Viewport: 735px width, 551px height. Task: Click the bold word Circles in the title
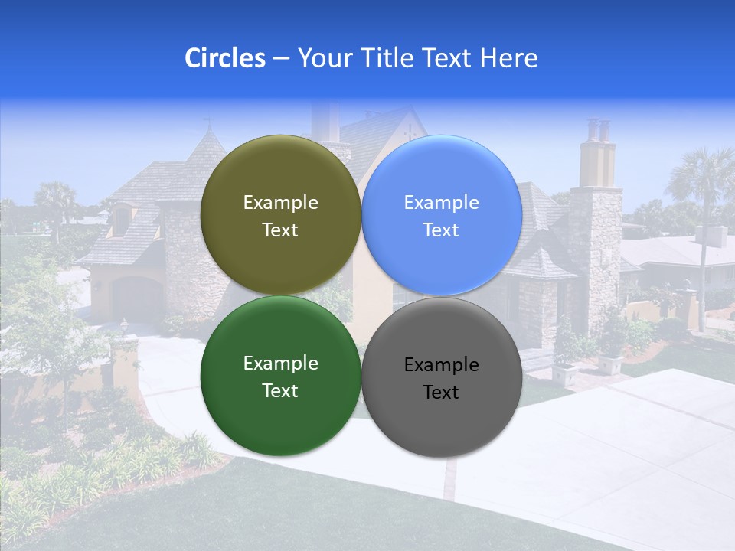pos(224,58)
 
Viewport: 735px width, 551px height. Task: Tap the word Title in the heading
pos(383,58)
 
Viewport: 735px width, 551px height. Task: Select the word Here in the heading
pos(509,58)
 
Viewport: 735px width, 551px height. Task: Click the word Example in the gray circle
pos(441,365)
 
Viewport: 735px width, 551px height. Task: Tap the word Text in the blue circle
pos(441,230)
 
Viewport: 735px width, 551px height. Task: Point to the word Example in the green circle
pos(280,364)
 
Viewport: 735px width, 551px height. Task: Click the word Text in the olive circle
pos(280,230)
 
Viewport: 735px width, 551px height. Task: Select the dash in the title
pos(281,58)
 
